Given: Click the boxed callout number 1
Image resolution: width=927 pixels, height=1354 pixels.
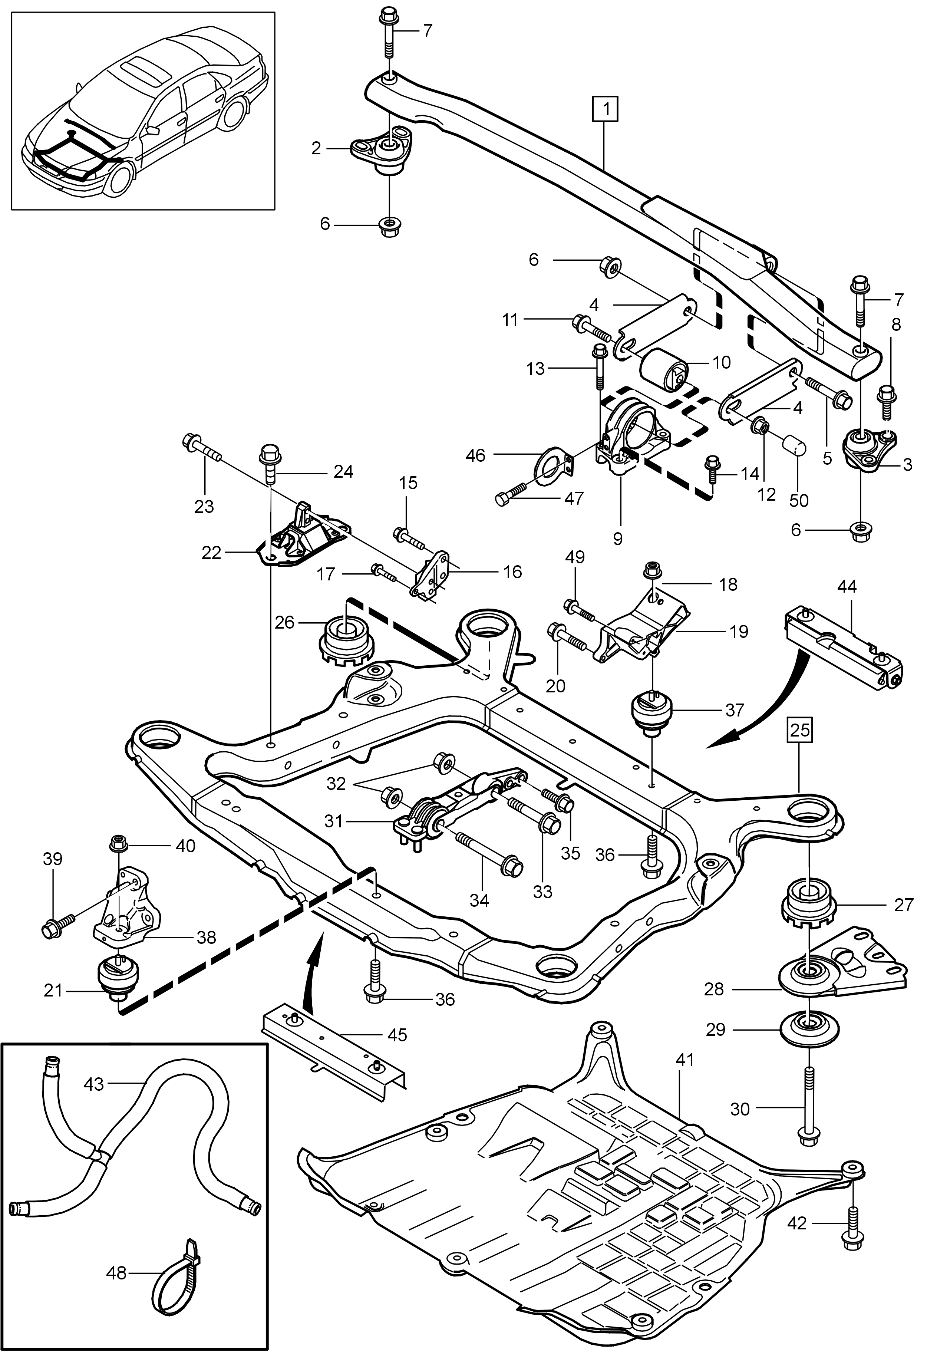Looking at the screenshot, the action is click(x=606, y=109).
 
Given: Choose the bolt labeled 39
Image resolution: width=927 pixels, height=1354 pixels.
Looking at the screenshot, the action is click(x=59, y=924).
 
